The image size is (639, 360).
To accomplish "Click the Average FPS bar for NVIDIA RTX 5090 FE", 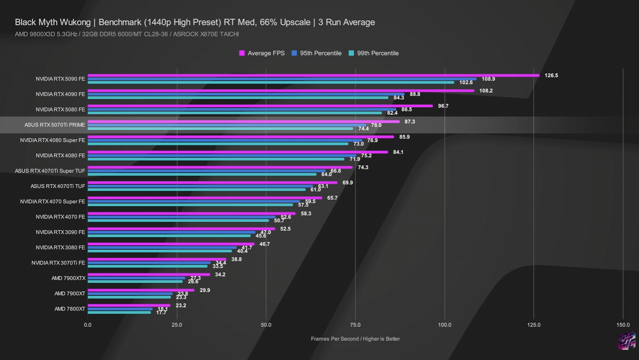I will [x=314, y=75].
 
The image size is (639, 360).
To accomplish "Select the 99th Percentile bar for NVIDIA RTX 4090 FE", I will [x=238, y=98].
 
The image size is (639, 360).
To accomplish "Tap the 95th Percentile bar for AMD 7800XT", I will [x=120, y=309].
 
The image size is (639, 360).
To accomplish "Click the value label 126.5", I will [x=551, y=76].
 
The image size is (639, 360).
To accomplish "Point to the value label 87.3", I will [x=410, y=122].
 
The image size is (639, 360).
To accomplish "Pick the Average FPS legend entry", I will [x=262, y=53].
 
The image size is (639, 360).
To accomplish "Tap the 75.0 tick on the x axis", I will [x=355, y=325].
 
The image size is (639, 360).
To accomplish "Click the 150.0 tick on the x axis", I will [x=623, y=325].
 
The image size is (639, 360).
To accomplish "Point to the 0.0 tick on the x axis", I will [x=88, y=325].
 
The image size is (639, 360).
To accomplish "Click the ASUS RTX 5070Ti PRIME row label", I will [x=54, y=125].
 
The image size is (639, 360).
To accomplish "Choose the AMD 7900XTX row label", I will [x=68, y=279].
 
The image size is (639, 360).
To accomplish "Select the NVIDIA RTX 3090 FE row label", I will [x=60, y=232].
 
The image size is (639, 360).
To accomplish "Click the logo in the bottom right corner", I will [x=627, y=341].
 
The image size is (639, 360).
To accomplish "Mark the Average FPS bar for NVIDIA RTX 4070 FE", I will [x=191, y=213].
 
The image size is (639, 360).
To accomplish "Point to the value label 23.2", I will [x=181, y=306].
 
